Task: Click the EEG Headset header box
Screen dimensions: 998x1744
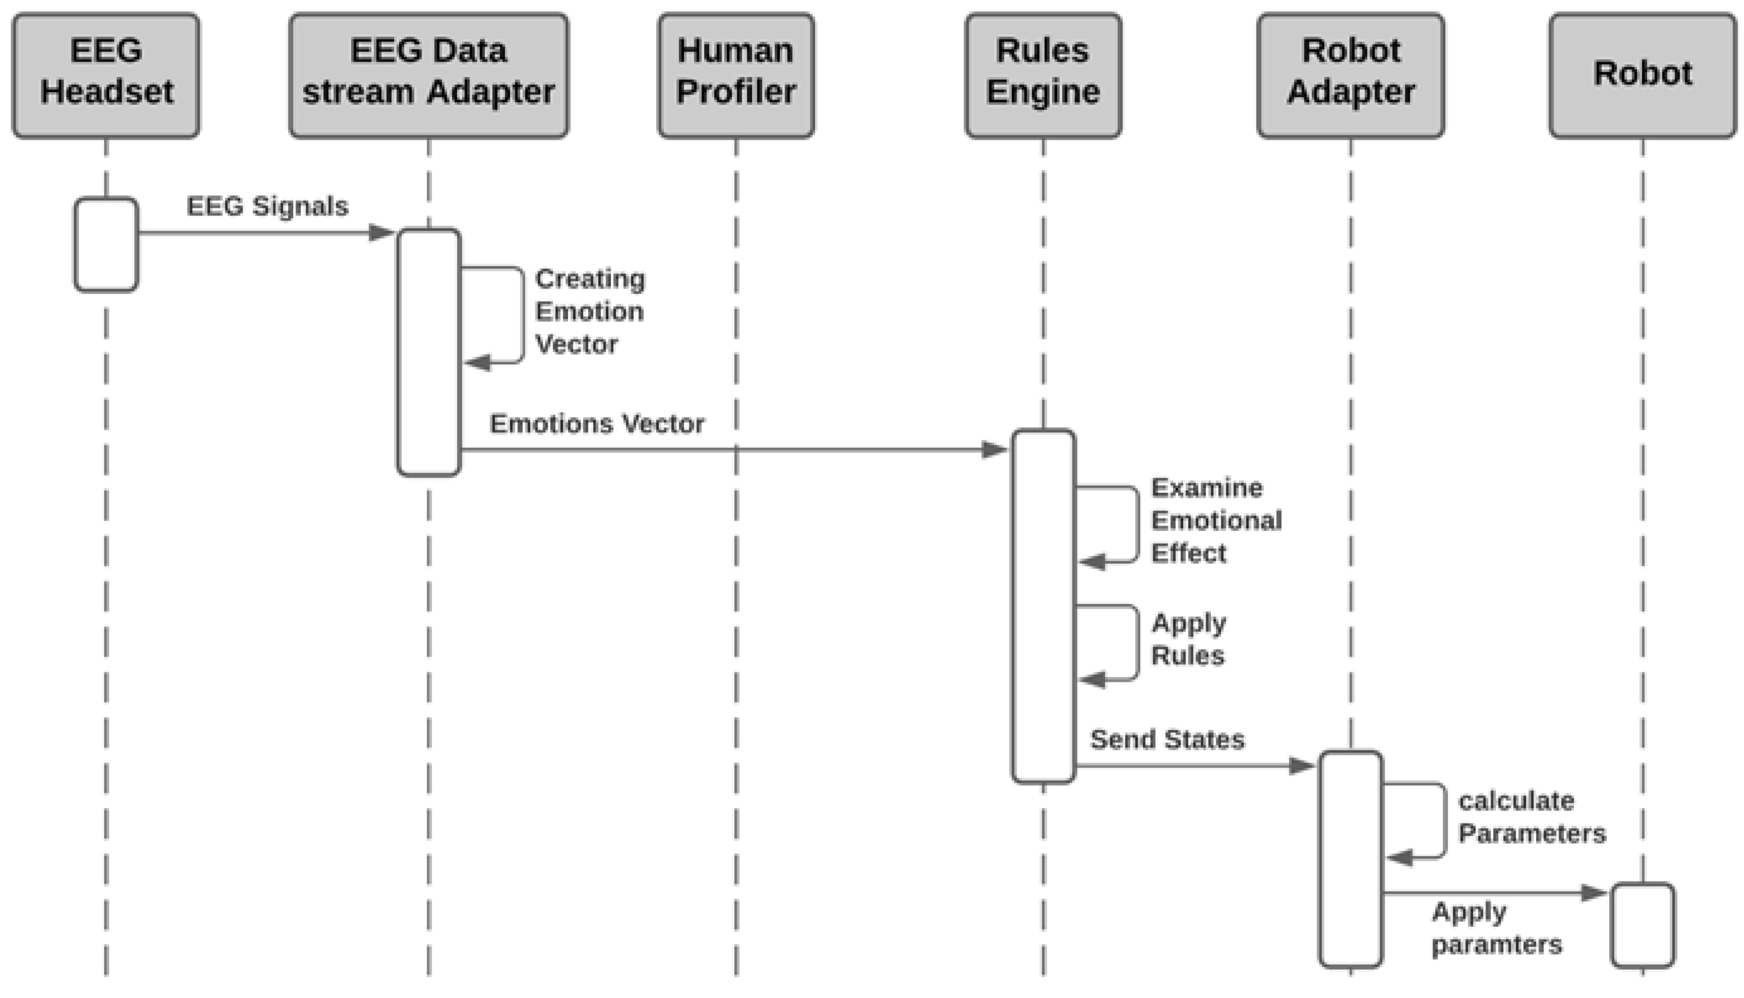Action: (107, 75)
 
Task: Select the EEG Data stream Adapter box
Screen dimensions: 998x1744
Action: (429, 75)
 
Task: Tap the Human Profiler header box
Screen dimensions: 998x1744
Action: (736, 75)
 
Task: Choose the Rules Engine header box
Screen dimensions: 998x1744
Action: (1043, 75)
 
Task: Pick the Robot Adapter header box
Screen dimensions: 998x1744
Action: (1351, 75)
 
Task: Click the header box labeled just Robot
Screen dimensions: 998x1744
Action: (1643, 75)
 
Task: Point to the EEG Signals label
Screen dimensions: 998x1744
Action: (267, 205)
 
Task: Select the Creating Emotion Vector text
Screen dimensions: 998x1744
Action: (589, 311)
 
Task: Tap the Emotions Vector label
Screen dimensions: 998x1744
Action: (596, 423)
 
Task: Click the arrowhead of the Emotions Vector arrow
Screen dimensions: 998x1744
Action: (995, 450)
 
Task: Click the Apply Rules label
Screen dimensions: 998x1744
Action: (1189, 639)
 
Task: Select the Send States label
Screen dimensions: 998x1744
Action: (1167, 740)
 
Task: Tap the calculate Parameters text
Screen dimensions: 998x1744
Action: (1532, 817)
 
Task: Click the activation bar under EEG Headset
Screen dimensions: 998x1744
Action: (107, 244)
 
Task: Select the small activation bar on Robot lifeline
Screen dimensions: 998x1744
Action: (1643, 926)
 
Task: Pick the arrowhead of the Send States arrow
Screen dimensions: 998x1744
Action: (1301, 766)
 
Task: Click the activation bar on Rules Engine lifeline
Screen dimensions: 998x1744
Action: (1043, 606)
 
